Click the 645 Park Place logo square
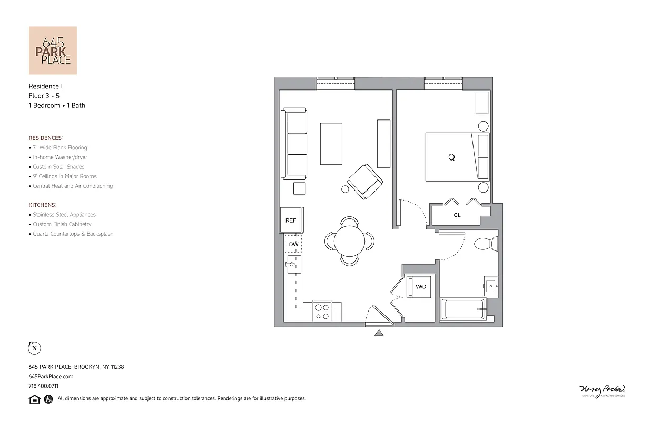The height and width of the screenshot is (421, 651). (53, 51)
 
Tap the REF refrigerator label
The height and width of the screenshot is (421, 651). (291, 220)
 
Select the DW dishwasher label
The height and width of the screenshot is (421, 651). (293, 245)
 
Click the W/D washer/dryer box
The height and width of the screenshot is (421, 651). (421, 287)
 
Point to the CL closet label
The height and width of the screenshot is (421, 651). (457, 215)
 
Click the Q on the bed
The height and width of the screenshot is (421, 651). (451, 157)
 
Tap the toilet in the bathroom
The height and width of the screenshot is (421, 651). (486, 244)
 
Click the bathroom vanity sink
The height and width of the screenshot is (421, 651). (491, 286)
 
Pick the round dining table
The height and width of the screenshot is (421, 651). (349, 241)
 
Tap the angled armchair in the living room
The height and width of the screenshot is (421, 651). (365, 181)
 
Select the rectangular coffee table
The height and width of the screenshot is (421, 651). (331, 143)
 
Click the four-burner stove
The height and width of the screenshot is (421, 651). (321, 312)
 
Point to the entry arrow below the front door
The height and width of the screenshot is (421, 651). (379, 333)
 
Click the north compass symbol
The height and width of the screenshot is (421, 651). (34, 348)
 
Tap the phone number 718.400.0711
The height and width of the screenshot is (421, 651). (44, 386)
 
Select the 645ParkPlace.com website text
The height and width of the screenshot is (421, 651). (51, 377)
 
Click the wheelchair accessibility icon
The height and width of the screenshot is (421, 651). (48, 399)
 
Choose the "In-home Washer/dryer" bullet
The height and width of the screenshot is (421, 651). (60, 157)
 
